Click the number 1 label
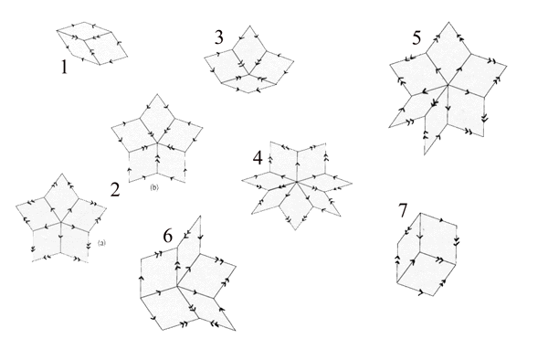(64, 67)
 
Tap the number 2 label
(115, 190)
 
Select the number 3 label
(219, 37)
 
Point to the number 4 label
(258, 158)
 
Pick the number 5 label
(416, 38)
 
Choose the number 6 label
(168, 237)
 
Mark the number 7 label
(403, 210)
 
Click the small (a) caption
(101, 242)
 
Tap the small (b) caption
(154, 187)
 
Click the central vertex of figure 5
(448, 85)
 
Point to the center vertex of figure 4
(296, 182)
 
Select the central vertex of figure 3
(248, 74)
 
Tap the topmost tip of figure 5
(448, 22)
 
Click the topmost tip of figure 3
(249, 26)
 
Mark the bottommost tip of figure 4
(295, 229)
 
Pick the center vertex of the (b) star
(157, 143)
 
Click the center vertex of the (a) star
(61, 222)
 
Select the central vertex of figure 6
(177, 286)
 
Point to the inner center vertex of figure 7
(419, 252)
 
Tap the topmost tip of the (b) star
(157, 94)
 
